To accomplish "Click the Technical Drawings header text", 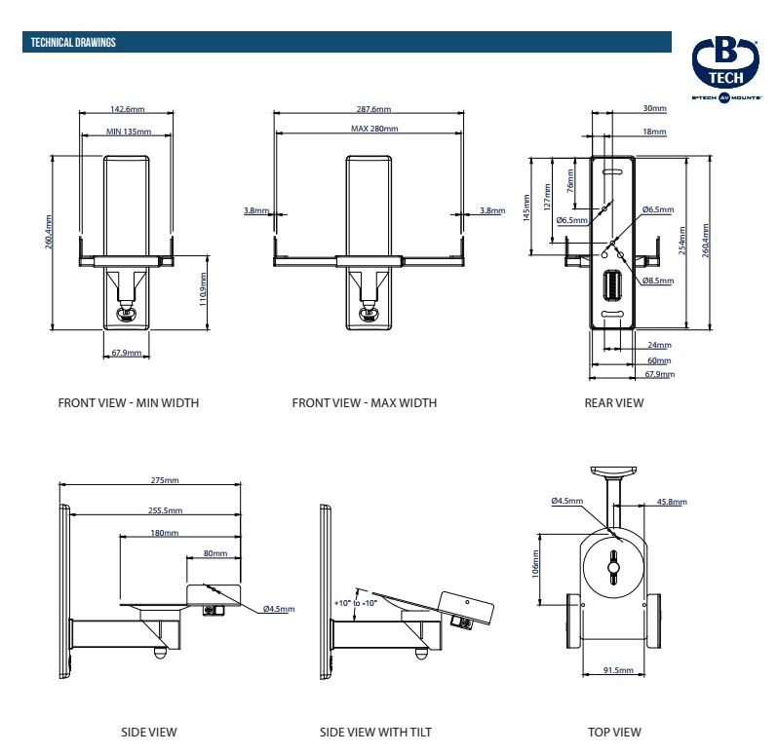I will [73, 42].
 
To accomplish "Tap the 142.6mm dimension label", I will [128, 110].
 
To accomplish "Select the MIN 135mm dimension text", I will [128, 131].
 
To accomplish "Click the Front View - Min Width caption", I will [128, 403].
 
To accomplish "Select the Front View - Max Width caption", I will [364, 403].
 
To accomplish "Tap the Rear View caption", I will [614, 403].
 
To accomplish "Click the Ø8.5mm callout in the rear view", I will [657, 282].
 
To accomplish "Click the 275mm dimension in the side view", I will [165, 480].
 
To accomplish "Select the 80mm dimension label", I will [214, 553].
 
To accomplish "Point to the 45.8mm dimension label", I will [671, 502].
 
